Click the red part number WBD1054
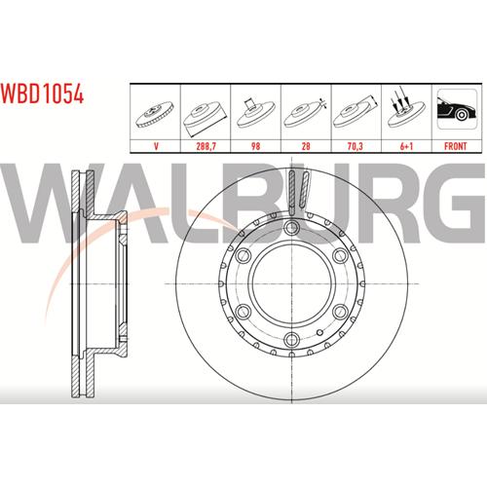(x=42, y=94)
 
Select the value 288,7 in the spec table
(x=206, y=146)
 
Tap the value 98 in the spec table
(x=255, y=146)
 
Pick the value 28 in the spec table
(x=306, y=146)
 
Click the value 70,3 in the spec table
(x=356, y=146)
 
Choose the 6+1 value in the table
(x=406, y=146)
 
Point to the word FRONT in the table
(x=456, y=146)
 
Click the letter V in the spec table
(x=156, y=146)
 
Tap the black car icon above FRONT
(x=457, y=109)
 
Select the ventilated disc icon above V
(x=155, y=114)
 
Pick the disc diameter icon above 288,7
(x=205, y=118)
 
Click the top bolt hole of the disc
(x=291, y=227)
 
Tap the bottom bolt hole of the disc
(x=291, y=340)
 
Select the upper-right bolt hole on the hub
(x=341, y=255)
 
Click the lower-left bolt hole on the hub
(x=243, y=312)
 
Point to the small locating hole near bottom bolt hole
(x=319, y=332)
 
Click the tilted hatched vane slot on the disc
(x=305, y=190)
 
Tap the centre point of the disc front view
(x=291, y=283)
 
